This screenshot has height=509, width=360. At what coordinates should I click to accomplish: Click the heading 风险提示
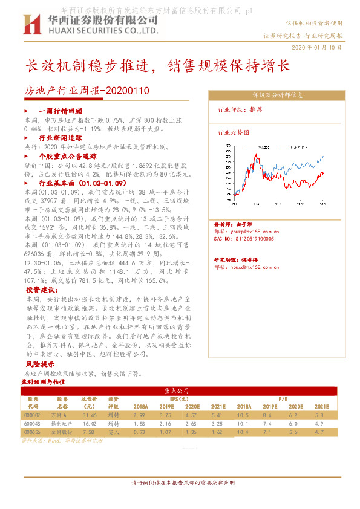39,365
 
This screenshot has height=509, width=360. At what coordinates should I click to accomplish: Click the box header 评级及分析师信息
278,96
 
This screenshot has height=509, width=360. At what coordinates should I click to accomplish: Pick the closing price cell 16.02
90,424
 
